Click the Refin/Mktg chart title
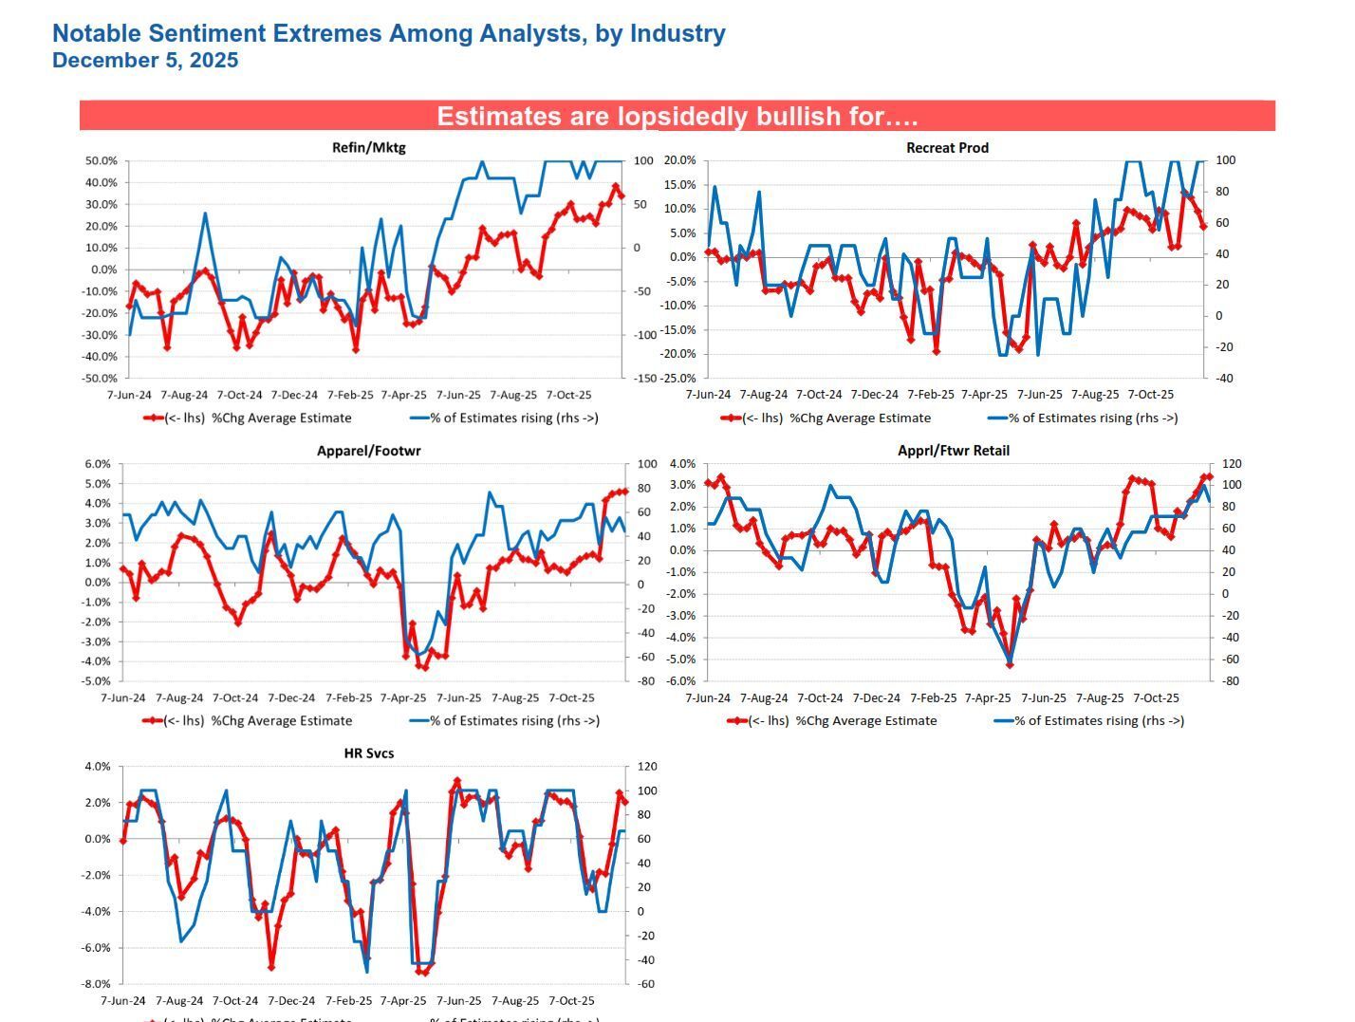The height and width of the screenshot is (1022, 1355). pyautogui.click(x=368, y=147)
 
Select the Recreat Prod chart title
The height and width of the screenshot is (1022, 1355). pyautogui.click(x=947, y=147)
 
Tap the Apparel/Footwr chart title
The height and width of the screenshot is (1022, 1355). pyautogui.click(x=368, y=451)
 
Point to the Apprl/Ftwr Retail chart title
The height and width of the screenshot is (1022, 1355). pyautogui.click(x=953, y=451)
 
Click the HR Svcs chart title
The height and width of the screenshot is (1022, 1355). pyautogui.click(x=368, y=753)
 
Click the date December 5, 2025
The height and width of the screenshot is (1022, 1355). pyautogui.click(x=145, y=61)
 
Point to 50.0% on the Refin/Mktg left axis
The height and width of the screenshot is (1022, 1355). pyautogui.click(x=101, y=161)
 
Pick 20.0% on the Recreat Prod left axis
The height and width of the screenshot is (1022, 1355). pyautogui.click(x=678, y=160)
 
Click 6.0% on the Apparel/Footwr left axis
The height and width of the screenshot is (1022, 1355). pyautogui.click(x=98, y=464)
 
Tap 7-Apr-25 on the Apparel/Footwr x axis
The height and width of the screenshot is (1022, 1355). pyautogui.click(x=402, y=698)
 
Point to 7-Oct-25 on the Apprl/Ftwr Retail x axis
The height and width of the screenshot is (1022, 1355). pyautogui.click(x=1155, y=698)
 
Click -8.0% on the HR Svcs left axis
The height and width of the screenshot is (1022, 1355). pyautogui.click(x=98, y=984)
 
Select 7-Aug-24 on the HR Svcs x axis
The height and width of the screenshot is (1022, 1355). pyautogui.click(x=178, y=1001)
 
